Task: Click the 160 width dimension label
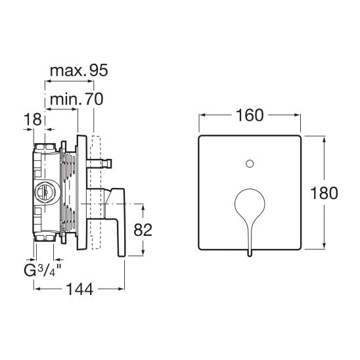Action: pyautogui.click(x=250, y=115)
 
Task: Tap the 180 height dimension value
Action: pyautogui.click(x=324, y=193)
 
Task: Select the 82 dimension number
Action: pyautogui.click(x=143, y=229)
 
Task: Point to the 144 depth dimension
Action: pyautogui.click(x=79, y=289)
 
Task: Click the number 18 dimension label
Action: pyautogui.click(x=33, y=119)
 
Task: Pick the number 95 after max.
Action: pyautogui.click(x=99, y=70)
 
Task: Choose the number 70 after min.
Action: pyautogui.click(x=94, y=99)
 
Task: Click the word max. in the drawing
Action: pyautogui.click(x=68, y=71)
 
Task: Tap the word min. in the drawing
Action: pyautogui.click(x=66, y=100)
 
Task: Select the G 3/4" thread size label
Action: pyautogui.click(x=43, y=270)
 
